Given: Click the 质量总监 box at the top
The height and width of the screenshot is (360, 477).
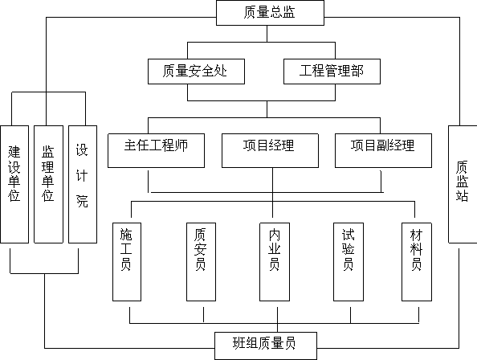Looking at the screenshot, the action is point(270,13).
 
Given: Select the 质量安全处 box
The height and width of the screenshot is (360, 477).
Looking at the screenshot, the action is point(196,72).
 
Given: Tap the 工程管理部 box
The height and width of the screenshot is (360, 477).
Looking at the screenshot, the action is point(332,72).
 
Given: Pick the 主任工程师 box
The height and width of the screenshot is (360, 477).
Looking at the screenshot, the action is point(156,150).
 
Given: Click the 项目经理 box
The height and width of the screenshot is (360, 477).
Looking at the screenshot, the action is point(270,150).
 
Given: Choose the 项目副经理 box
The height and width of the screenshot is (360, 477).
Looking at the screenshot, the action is point(383,150).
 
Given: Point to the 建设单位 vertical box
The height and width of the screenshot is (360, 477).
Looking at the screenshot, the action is point(14,184).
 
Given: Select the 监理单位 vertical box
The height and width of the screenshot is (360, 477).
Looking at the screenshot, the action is point(48,184).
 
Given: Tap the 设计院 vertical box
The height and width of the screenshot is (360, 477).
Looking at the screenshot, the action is point(83,184).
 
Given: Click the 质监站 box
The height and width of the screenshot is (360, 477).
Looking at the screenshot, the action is point(463,184).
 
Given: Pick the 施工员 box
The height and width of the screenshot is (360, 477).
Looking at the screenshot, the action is point(127,262).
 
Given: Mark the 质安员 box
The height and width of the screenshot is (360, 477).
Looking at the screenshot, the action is point(201,262).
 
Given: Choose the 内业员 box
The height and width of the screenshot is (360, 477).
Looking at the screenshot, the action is point(275,262).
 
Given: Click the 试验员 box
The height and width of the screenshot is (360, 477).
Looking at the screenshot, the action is point(349,262).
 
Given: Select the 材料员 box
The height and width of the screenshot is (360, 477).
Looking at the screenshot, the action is point(417,262).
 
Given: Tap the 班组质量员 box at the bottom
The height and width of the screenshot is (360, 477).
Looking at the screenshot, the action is point(266,346).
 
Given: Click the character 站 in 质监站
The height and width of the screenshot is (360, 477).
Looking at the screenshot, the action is point(462,195).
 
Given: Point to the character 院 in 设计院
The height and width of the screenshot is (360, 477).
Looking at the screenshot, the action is point(82,201).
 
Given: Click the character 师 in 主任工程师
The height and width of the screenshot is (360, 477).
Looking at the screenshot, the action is point(181,145).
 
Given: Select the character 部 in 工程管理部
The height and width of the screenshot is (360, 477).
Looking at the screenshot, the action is point(357,71).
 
